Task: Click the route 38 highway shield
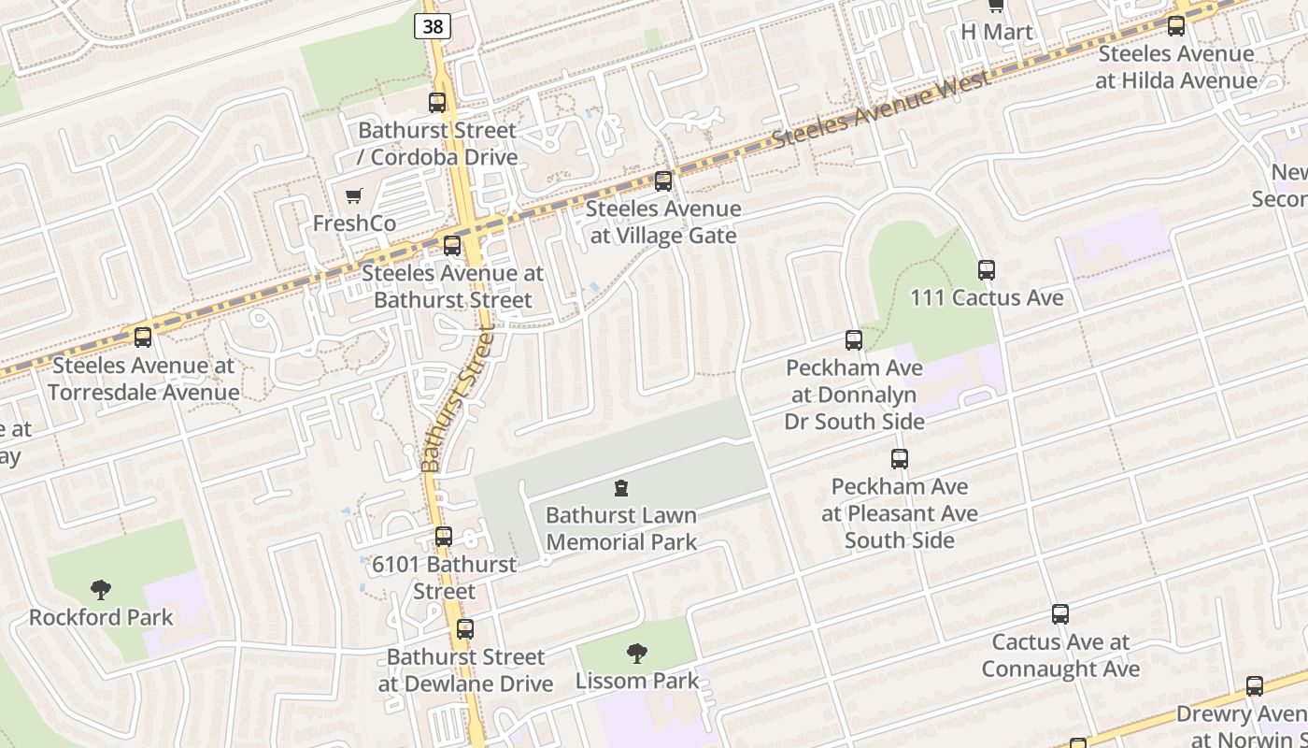433,26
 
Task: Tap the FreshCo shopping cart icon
354,196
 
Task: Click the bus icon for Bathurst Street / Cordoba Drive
437,103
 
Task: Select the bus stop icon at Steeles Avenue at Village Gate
663,181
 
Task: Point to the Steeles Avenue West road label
881,110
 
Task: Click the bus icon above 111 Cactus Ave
987,270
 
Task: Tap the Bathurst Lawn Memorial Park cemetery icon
621,488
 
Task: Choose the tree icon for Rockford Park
101,590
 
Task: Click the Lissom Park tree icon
637,653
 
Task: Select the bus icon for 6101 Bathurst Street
444,537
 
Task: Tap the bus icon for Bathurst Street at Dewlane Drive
465,629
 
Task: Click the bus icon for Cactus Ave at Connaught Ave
1059,614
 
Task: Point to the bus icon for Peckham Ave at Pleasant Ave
900,459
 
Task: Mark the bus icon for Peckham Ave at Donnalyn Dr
854,340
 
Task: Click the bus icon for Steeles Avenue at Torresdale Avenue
143,338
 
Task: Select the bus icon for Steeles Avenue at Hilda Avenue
1176,26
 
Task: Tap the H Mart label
997,33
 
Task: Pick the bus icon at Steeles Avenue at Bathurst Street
452,246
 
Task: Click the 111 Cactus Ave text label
987,298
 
